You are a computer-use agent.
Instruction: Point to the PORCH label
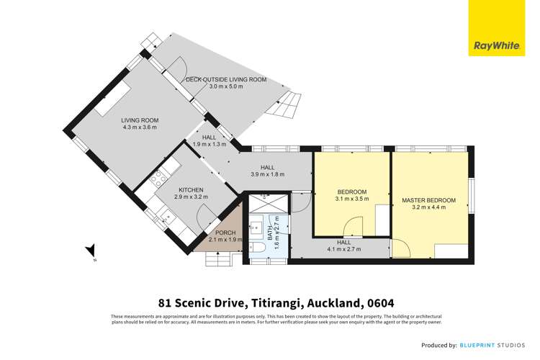point(225,233)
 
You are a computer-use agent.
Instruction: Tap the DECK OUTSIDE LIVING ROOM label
point(226,79)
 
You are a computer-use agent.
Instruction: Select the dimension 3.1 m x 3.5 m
point(353,199)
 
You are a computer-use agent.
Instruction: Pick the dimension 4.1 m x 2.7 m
point(343,250)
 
